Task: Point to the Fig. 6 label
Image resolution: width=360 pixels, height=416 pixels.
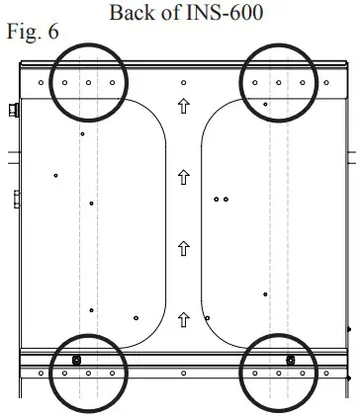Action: (x=33, y=33)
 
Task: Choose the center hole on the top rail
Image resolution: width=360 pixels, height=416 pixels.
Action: (x=184, y=83)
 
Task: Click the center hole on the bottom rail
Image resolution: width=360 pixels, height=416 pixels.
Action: (x=184, y=374)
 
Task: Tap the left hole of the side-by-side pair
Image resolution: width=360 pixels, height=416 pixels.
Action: (x=217, y=199)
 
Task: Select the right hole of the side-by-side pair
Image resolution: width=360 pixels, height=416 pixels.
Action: (x=226, y=199)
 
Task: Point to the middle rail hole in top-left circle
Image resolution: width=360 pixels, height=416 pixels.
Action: (x=88, y=83)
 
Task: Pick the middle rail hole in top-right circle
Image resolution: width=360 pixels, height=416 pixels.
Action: (x=279, y=83)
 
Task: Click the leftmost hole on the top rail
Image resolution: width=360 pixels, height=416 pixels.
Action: (x=40, y=83)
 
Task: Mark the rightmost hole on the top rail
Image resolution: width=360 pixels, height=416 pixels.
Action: (x=327, y=83)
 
